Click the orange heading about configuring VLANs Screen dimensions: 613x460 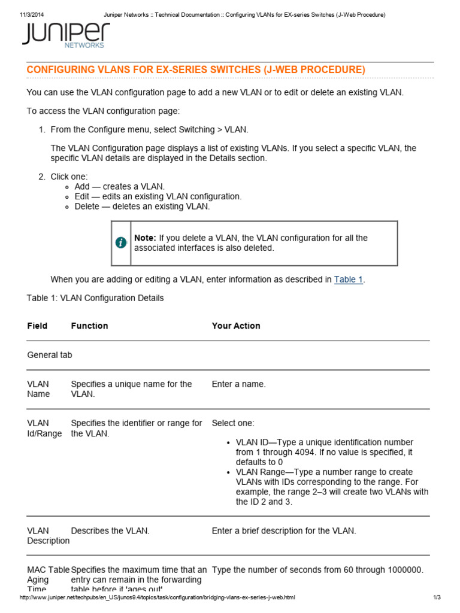coord(196,70)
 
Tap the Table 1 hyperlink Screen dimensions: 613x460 coord(348,280)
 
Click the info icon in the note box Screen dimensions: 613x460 coord(121,242)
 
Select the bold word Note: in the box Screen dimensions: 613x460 coord(145,238)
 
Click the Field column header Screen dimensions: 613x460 coord(37,326)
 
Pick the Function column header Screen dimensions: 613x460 coord(89,326)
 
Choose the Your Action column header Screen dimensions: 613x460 coord(236,326)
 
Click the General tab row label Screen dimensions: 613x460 coord(50,355)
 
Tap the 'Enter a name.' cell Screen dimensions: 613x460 coord(238,384)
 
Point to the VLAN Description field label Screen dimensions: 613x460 coord(48,536)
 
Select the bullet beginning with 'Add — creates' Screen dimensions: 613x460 coord(119,187)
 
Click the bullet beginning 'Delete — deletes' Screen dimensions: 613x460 coord(142,207)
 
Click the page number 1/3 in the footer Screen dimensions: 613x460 coord(437,598)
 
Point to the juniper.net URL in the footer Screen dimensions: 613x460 coord(158,598)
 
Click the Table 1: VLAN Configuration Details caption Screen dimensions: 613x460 coord(95,298)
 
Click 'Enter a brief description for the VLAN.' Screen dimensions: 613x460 coord(284,531)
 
